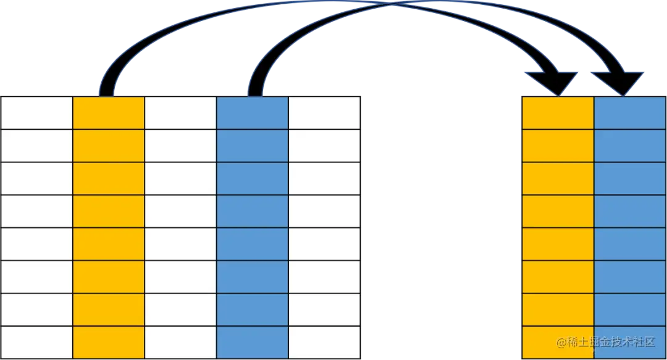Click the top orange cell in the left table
(109, 113)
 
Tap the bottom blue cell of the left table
(252, 342)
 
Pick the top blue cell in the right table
(630, 113)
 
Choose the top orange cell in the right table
(558, 113)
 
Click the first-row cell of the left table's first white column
(36, 113)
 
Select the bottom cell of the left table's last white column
(324, 342)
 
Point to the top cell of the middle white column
(180, 113)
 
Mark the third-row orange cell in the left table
(109, 178)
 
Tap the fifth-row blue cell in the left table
(252, 244)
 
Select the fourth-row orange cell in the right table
(558, 211)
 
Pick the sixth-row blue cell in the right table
(630, 277)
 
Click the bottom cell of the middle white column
(180, 342)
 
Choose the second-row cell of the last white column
(324, 146)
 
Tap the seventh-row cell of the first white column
(36, 309)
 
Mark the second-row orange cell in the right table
(558, 146)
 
